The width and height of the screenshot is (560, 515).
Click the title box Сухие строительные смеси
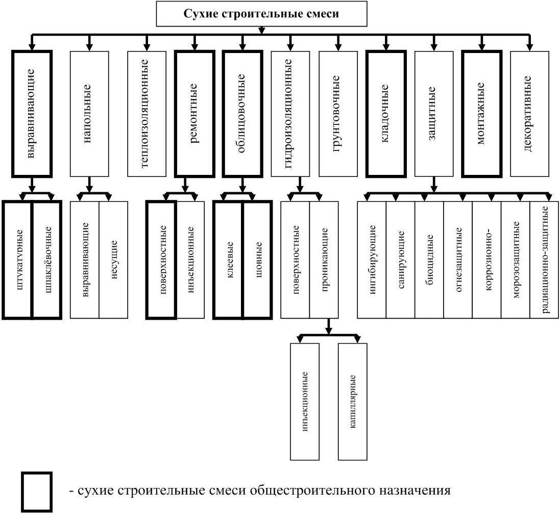(x=261, y=14)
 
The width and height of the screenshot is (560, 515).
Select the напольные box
(x=89, y=114)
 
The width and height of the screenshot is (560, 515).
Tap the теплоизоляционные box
(x=147, y=114)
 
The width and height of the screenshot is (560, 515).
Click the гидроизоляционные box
(x=289, y=114)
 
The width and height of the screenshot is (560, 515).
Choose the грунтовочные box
(x=337, y=114)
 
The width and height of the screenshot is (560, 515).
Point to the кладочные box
(x=385, y=114)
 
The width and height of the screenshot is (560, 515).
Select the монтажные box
(x=481, y=114)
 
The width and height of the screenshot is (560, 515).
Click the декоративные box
(x=529, y=114)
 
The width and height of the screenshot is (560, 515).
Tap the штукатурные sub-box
(x=18, y=260)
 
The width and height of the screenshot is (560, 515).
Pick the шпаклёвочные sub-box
(x=47, y=260)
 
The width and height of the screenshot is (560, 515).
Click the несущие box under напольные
(x=113, y=260)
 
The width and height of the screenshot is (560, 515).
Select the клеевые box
(x=229, y=260)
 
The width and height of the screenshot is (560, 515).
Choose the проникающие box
(x=324, y=260)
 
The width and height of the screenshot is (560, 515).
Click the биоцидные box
(x=429, y=260)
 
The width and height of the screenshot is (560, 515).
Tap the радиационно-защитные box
(x=544, y=260)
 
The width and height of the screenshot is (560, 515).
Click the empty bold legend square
(x=37, y=492)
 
